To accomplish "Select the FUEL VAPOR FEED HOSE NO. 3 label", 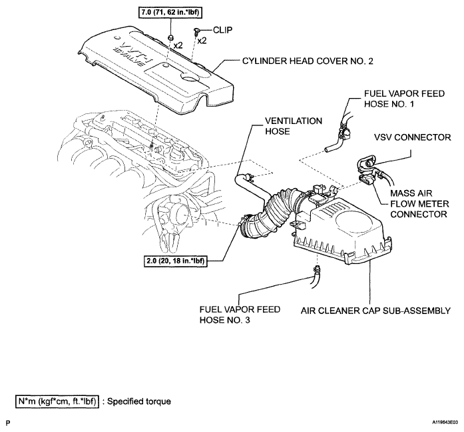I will point(240,316).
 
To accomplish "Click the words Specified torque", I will point(140,402).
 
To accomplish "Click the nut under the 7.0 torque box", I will point(171,35).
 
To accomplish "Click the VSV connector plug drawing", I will point(367,161).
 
